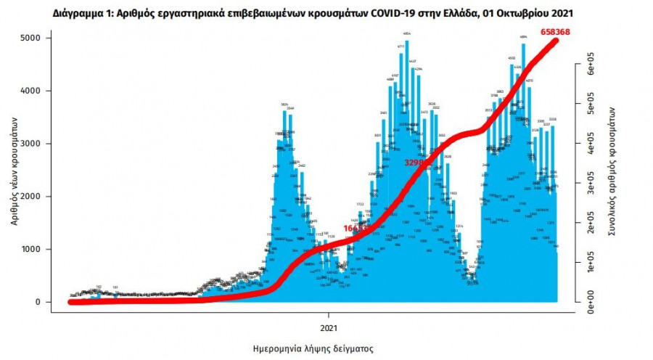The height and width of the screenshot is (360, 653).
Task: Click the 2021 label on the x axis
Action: (329, 316)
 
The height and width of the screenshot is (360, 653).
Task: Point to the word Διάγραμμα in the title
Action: (79, 14)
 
